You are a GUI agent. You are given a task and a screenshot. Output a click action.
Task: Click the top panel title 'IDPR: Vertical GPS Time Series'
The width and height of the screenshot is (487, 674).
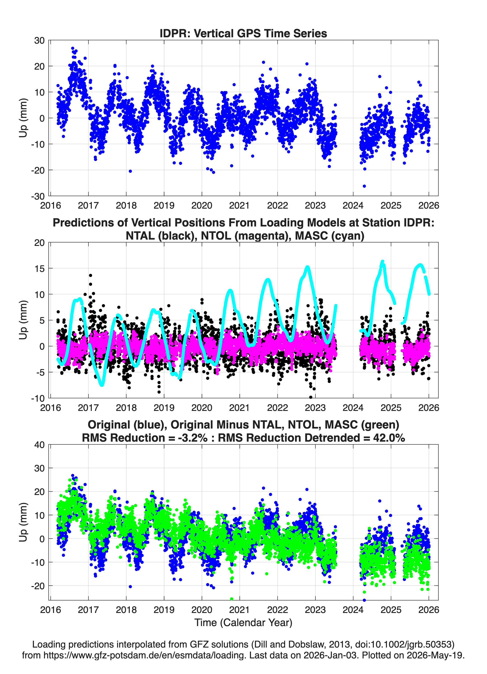coord(243,33)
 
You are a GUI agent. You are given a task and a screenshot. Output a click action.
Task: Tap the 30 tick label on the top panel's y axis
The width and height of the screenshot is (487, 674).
coord(39,40)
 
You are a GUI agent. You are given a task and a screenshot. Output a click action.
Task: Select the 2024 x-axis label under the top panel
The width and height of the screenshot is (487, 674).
coord(353,205)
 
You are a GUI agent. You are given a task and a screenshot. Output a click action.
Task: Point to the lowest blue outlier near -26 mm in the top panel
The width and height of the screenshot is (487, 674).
coord(364,186)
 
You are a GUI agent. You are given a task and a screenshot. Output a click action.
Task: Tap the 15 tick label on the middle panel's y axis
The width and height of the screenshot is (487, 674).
coord(39,268)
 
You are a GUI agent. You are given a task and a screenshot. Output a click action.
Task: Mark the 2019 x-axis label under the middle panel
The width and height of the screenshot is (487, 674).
coord(164,408)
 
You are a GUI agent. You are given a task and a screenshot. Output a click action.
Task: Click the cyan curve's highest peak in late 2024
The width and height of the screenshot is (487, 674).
coord(383,262)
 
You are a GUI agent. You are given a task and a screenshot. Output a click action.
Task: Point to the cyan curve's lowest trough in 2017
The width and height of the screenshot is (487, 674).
coord(102,385)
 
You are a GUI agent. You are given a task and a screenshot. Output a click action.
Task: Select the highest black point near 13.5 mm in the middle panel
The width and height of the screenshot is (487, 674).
coord(90,276)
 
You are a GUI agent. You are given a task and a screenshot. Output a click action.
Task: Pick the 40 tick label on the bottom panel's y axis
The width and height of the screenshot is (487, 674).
coord(39,445)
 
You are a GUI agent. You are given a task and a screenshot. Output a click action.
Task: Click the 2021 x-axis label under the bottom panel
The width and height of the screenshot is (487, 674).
coord(239,610)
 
